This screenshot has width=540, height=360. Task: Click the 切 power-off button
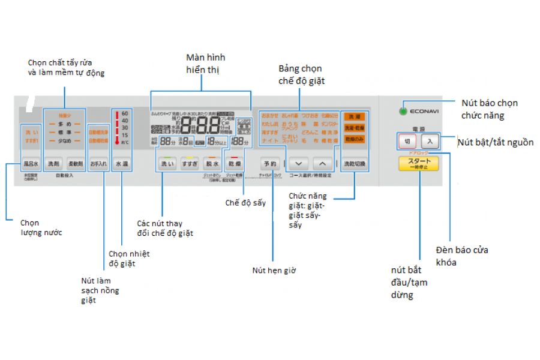407,142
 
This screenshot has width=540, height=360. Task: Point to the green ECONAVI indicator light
404,111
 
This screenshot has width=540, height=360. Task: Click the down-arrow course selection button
299,163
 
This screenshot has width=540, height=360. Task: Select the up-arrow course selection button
322,163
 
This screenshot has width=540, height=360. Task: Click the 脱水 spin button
212,163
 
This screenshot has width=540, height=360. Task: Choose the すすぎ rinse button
190,163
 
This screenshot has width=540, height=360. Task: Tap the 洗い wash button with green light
166,163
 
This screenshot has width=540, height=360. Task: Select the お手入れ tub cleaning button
98,163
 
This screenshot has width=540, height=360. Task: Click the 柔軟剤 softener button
75,163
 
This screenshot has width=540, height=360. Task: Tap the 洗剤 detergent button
54,163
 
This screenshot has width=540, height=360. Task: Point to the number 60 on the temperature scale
125,113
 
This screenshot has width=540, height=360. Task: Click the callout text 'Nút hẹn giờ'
274,271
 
